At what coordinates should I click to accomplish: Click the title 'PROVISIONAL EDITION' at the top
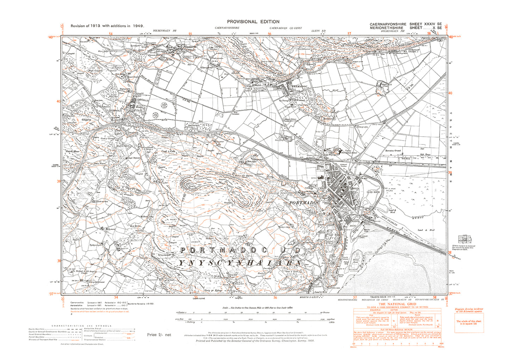point(253,21)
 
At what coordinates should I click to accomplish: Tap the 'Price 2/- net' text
point(159,335)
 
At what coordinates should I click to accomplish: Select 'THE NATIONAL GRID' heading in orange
point(397,304)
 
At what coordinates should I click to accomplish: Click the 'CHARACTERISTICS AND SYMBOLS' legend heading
point(81,326)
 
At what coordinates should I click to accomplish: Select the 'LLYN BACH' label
point(373,192)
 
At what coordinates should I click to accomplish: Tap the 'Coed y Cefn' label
point(168,151)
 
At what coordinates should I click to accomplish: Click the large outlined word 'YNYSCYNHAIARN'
point(240,263)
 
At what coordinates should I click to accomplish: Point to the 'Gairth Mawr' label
point(73,151)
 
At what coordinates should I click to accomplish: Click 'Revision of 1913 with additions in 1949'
point(107,26)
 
